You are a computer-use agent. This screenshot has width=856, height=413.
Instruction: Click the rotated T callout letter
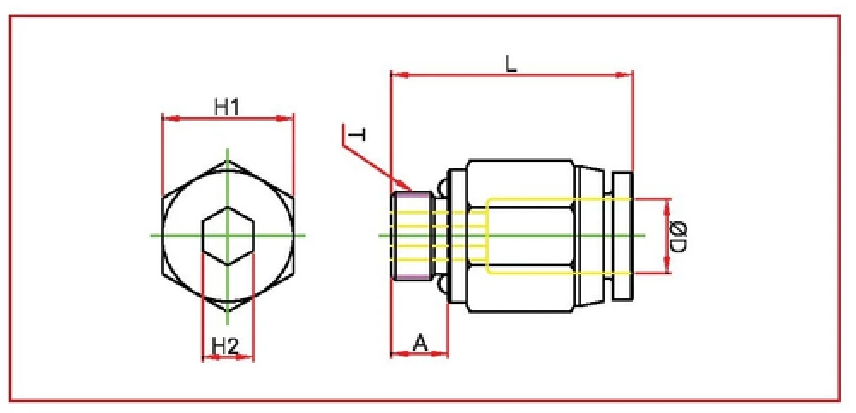pyautogui.click(x=358, y=135)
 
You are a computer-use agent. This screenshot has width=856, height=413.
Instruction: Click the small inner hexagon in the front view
pyautogui.click(x=229, y=234)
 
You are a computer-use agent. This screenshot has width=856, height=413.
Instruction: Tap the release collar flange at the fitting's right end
pyautogui.click(x=623, y=234)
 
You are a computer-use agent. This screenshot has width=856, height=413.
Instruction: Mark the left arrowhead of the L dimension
pyautogui.click(x=395, y=75)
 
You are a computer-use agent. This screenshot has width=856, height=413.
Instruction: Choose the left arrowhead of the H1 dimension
pyautogui.click(x=167, y=118)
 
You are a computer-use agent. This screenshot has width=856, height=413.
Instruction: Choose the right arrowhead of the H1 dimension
pyautogui.click(x=289, y=118)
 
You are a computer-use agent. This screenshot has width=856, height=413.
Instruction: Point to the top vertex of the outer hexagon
pyautogui.click(x=229, y=160)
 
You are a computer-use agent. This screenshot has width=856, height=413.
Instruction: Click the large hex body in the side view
pyautogui.click(x=520, y=234)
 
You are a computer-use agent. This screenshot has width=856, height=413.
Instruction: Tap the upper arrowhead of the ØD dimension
pyautogui.click(x=667, y=203)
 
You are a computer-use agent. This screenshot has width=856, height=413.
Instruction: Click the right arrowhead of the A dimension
pyautogui.click(x=443, y=353)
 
